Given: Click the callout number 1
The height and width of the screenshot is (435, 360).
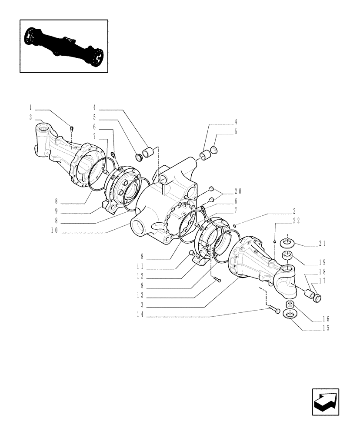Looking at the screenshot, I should [x=31, y=107].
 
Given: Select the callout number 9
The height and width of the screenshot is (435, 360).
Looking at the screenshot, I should [x=56, y=212].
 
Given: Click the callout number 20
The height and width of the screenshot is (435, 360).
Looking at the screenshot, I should [x=238, y=191].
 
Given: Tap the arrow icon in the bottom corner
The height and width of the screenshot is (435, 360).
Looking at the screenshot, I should [x=325, y=402].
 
